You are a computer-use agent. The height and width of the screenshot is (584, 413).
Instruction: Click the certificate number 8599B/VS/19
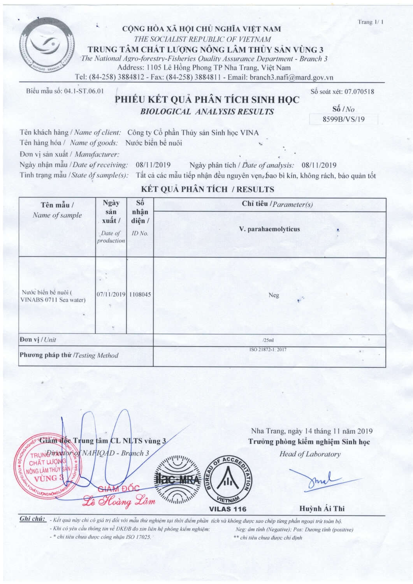(344, 119)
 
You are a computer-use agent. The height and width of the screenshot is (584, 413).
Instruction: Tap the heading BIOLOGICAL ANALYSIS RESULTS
(207, 112)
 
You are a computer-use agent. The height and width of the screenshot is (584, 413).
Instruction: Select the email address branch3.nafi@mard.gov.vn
(292, 77)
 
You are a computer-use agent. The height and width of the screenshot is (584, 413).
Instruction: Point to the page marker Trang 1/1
(371, 22)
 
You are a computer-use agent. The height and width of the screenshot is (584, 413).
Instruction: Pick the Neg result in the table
(274, 295)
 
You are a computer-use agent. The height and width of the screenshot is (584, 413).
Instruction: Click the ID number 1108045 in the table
(140, 295)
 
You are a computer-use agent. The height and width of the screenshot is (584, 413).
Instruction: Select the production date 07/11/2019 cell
(111, 295)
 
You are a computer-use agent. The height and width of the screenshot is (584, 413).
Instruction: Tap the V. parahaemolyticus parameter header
(269, 229)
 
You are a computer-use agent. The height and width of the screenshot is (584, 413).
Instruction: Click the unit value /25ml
(269, 340)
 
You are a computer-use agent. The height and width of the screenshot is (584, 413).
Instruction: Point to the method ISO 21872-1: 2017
(268, 350)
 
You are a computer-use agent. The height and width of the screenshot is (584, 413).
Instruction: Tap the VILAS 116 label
(228, 509)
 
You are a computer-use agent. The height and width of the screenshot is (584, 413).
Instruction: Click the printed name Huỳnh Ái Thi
(322, 508)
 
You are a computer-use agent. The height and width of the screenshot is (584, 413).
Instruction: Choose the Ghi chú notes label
(33, 519)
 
